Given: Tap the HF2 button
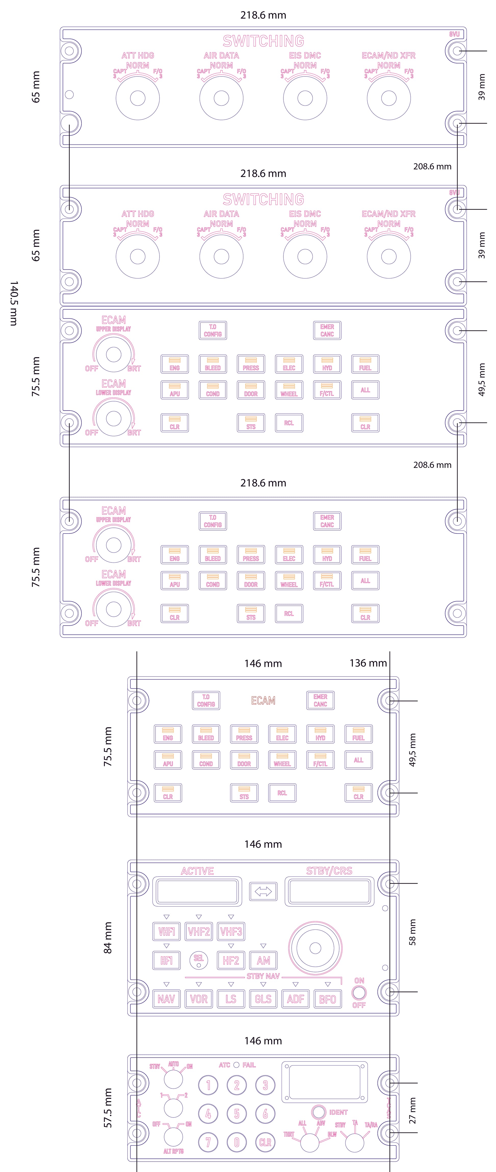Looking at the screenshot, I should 231,960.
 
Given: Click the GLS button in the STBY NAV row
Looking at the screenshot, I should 263,999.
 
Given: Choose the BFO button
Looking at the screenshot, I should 328,999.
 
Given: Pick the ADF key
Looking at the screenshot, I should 295,999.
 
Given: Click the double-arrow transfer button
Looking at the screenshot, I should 263,891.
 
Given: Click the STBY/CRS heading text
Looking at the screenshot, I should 329,871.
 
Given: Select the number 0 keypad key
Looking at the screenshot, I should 237,1142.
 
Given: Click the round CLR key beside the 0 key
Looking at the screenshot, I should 265,1142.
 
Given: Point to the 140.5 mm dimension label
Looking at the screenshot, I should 14,303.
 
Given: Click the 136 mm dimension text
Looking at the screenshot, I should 368,663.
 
